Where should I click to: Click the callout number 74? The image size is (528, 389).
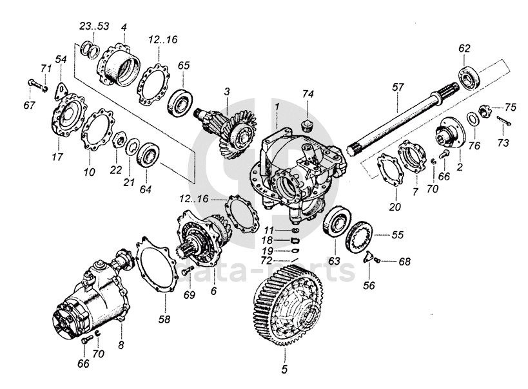click(308, 93)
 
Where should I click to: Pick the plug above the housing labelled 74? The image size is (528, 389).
click(307, 122)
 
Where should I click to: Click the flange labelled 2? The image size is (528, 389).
click(448, 136)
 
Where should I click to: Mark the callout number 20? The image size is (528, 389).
click(395, 207)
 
